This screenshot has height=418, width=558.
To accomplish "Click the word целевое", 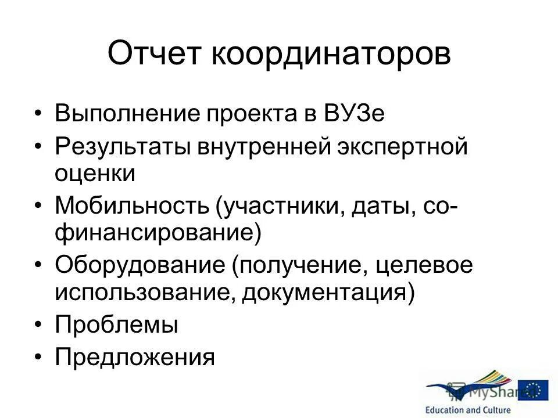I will click(424, 266).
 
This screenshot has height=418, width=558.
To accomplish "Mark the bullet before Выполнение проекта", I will click(38, 114).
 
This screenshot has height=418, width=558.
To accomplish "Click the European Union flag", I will click(533, 390).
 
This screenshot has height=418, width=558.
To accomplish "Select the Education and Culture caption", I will click(468, 410).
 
